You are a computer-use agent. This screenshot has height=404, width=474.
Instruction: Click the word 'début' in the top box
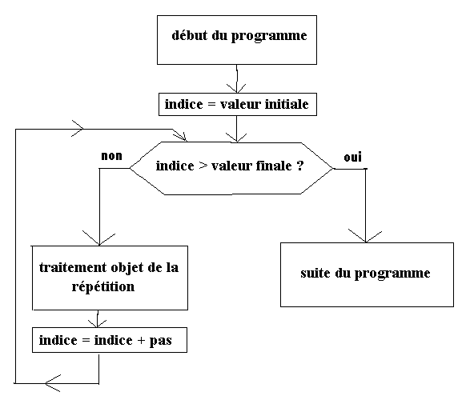coord(190,35)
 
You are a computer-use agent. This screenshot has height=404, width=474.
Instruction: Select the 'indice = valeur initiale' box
coord(238,105)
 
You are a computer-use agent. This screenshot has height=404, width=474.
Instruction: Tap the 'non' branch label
coord(111,156)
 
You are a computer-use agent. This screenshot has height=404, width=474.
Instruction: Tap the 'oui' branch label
coord(352,158)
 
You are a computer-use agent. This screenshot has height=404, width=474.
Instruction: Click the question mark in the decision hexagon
coord(300,166)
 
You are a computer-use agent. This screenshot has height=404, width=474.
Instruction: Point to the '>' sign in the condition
coord(203,166)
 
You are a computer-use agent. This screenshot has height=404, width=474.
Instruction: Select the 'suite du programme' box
coord(367,274)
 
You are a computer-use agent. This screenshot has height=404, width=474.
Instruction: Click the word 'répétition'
coord(103,286)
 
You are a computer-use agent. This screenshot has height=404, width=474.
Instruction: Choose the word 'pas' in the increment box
coord(160,341)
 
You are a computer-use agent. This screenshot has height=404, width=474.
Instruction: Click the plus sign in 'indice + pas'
coord(141,341)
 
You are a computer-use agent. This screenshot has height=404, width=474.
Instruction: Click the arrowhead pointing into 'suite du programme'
coord(365,237)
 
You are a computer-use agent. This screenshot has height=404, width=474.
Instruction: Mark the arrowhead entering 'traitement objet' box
coord(98,238)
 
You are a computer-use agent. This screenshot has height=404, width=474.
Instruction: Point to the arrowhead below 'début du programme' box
coord(236,88)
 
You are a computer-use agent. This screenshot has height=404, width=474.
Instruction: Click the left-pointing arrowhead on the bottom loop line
coord(52,383)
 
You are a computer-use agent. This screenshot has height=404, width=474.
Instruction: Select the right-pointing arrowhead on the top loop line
coord(77,129)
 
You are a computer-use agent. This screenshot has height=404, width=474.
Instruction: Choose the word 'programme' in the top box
coord(269,36)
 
